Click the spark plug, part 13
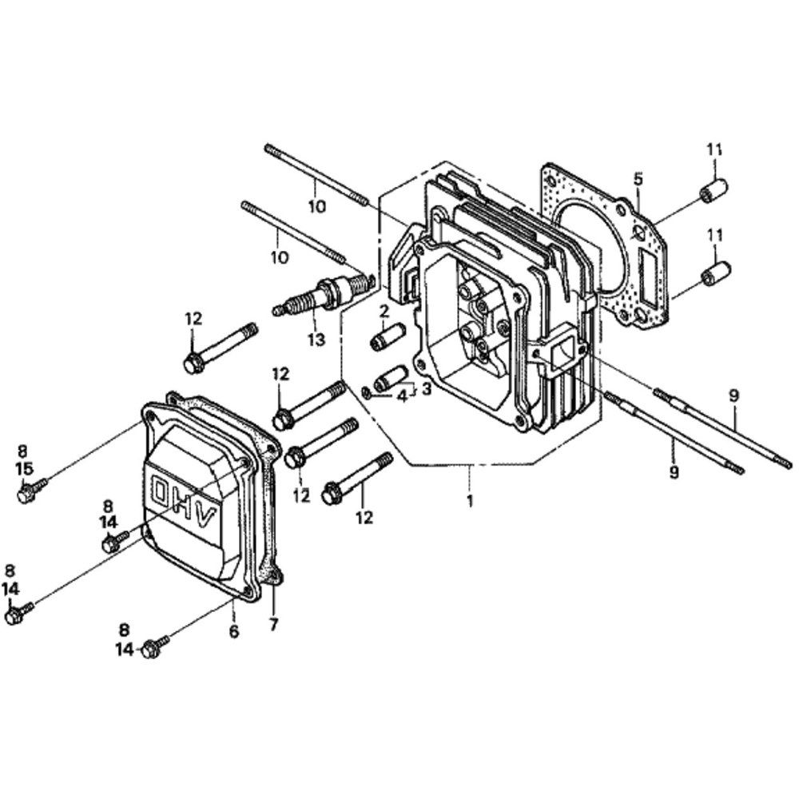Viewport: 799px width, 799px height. (x=324, y=296)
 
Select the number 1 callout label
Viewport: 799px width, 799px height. (x=471, y=501)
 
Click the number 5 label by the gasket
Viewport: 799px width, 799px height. (x=638, y=178)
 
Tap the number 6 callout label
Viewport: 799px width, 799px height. (x=234, y=631)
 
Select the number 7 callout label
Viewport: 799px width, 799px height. (x=273, y=625)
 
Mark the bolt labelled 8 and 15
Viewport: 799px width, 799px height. (x=30, y=490)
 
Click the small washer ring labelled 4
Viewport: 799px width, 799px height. (x=365, y=392)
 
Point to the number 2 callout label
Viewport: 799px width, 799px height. (x=384, y=310)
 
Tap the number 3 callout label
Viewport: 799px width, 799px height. (x=427, y=389)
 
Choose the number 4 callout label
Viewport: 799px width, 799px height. (x=403, y=394)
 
